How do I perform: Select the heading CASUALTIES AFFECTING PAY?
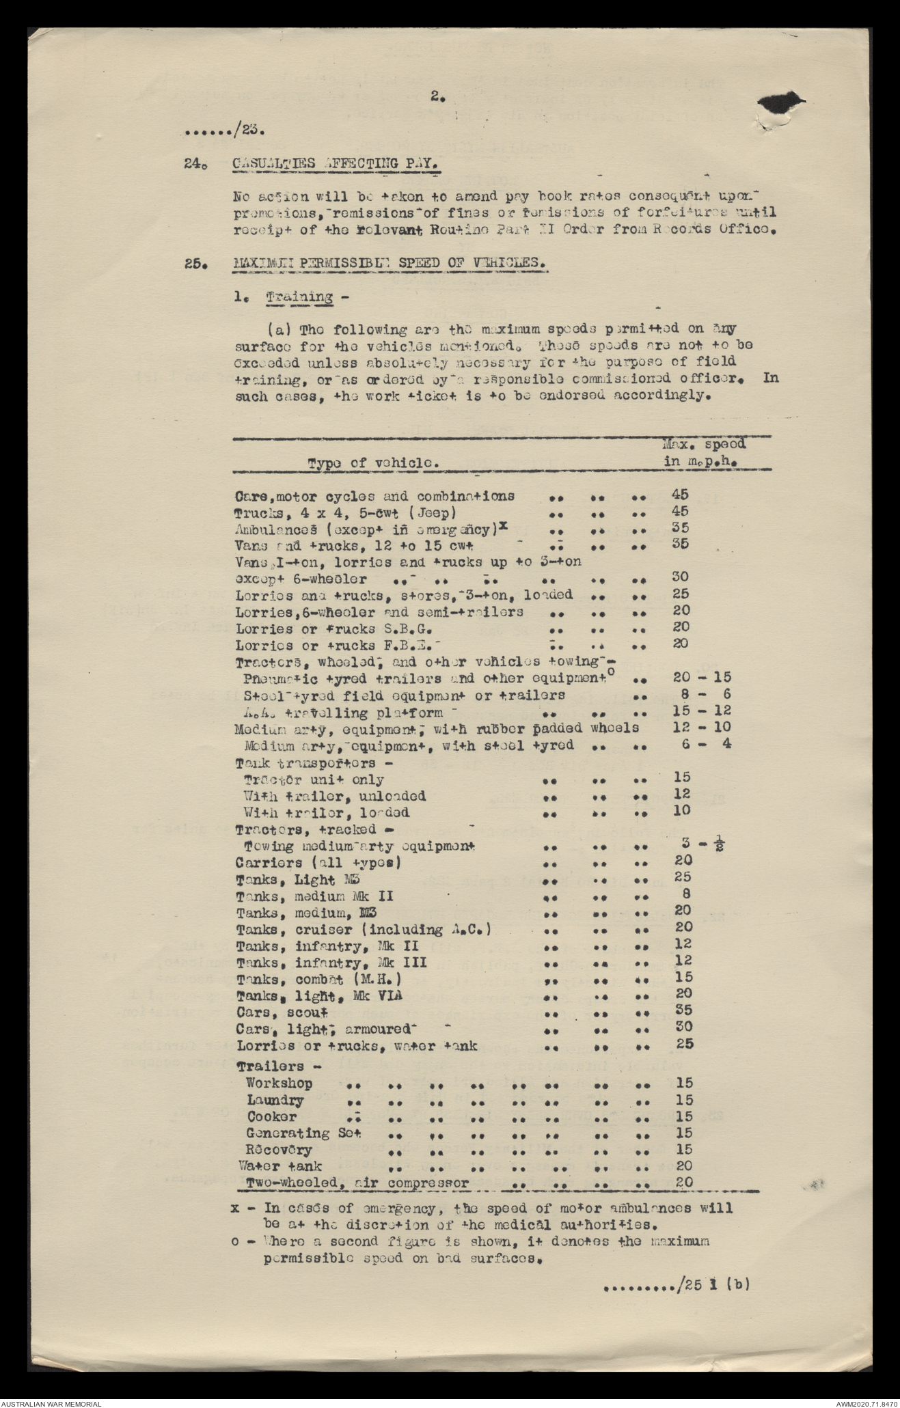pos(334,163)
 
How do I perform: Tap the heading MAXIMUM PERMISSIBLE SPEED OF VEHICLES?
pos(389,263)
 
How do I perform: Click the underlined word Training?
pos(299,297)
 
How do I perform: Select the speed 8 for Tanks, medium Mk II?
pos(686,894)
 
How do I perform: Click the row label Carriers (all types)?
pos(318,862)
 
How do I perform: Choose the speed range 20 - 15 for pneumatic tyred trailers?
pos(702,677)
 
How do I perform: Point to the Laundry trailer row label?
pos(275,1101)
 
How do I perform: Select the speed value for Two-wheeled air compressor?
pos(683,1182)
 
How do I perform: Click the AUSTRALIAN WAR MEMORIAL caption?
pos(51,1401)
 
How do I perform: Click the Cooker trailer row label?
pos(272,1117)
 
